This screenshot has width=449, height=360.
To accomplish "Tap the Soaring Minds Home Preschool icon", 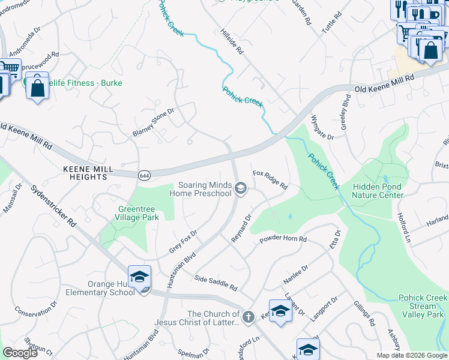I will (x=241, y=190).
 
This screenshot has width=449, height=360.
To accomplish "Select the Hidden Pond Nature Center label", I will (x=378, y=191).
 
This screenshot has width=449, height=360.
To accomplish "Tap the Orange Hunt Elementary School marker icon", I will (x=139, y=277).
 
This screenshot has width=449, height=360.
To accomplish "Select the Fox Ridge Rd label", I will (x=270, y=179).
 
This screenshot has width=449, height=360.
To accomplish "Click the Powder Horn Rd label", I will (x=283, y=239).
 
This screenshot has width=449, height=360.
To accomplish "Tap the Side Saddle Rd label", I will (x=216, y=283).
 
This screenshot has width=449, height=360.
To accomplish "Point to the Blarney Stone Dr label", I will (x=153, y=122).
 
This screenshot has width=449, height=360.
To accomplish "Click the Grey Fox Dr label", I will (x=182, y=241).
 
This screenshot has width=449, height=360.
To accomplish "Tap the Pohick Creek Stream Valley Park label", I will (x=423, y=306).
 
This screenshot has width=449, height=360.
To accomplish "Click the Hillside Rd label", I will (x=231, y=41).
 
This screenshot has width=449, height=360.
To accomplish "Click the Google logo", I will (x=20, y=353).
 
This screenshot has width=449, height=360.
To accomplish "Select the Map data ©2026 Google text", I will (x=412, y=355).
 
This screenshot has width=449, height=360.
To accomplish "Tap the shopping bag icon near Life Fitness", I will (x=37, y=88).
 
